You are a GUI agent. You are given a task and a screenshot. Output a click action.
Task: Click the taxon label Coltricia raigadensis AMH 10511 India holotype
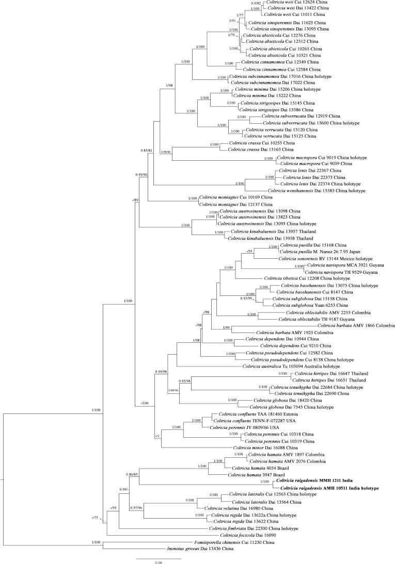pyautogui.click(x=329, y=488)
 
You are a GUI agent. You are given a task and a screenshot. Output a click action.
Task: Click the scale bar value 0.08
pyautogui.click(x=159, y=562)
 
